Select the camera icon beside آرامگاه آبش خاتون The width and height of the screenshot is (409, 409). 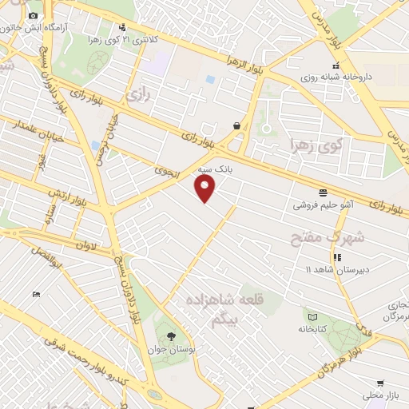33,16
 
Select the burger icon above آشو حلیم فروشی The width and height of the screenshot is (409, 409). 324,193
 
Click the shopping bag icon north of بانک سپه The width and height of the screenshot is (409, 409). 236,125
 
